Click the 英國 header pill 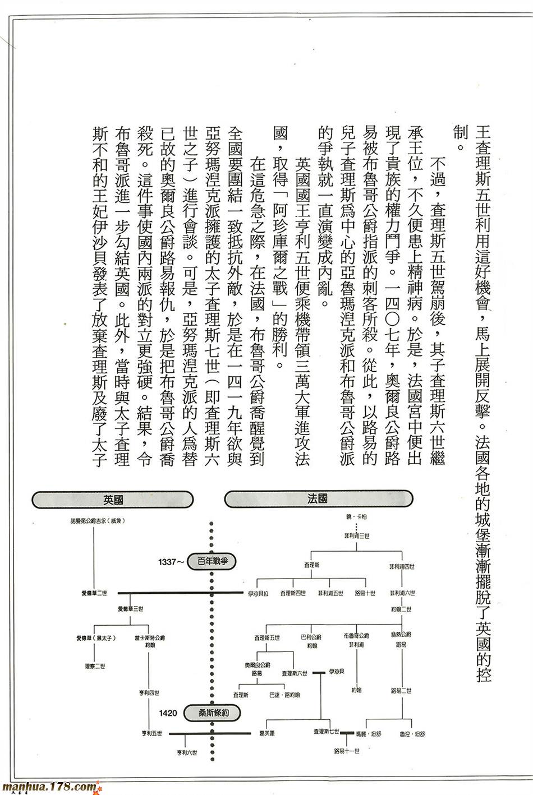tap(113, 499)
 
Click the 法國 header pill tap(318, 498)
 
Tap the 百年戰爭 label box tap(213, 561)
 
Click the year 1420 tap(168, 714)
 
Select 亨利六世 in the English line tap(187, 753)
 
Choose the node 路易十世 tap(365, 593)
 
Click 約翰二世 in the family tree tap(401, 609)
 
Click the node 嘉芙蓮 tap(266, 733)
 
